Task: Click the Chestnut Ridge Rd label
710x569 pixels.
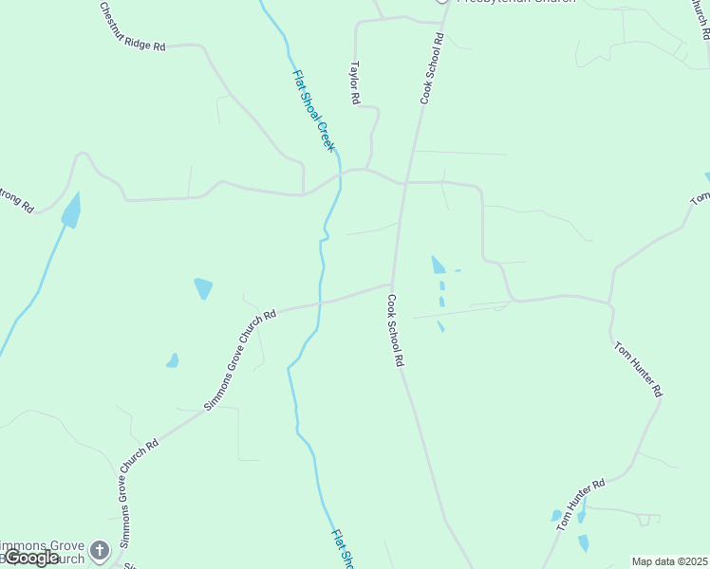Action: [132, 27]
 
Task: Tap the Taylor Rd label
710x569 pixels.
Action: [355, 83]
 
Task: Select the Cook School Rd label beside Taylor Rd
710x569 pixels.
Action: [433, 69]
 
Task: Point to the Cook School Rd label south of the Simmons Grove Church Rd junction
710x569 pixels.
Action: [396, 330]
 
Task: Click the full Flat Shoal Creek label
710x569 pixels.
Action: [313, 111]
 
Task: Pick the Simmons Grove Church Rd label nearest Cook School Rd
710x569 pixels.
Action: [240, 359]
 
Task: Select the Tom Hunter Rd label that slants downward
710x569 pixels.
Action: [638, 369]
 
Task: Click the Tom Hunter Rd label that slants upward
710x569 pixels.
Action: [581, 504]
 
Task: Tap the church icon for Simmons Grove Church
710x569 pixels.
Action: [100, 549]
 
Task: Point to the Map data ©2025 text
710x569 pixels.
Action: [669, 561]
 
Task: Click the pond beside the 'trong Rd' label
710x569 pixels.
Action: [71, 211]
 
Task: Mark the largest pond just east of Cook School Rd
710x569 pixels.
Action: [438, 265]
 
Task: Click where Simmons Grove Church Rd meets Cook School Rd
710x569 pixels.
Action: [392, 283]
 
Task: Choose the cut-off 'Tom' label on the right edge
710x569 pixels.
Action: [700, 197]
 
